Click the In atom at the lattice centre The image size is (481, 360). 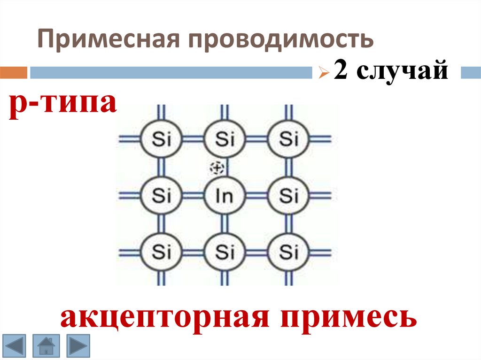(x=225, y=195)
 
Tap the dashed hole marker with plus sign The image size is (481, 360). (x=217, y=168)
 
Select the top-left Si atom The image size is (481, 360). (x=161, y=139)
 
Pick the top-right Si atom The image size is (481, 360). (x=288, y=139)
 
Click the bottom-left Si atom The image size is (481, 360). (x=161, y=253)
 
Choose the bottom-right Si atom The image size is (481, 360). (x=288, y=253)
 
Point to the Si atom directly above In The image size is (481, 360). (x=225, y=139)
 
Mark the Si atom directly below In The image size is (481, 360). (x=225, y=253)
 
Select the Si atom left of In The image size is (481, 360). (x=161, y=195)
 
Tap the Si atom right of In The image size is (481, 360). (x=288, y=195)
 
